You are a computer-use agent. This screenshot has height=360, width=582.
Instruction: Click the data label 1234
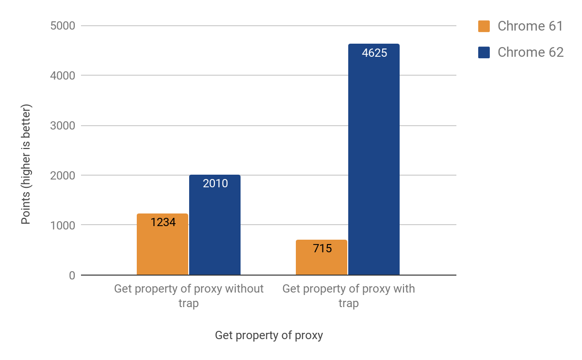pos(162,223)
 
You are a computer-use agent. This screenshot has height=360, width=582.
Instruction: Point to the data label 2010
pos(215,183)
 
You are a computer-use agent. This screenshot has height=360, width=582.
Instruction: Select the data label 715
pos(322,249)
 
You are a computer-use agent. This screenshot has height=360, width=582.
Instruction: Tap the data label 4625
pos(374,53)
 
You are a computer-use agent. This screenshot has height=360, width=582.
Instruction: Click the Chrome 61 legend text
pos(530,26)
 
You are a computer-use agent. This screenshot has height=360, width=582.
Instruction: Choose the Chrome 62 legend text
pos(531,52)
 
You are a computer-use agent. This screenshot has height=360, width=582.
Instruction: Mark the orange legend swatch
pos(484,26)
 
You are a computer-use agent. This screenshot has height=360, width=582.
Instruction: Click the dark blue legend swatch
pos(484,52)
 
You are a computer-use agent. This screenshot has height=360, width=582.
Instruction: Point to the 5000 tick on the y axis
pos(63,26)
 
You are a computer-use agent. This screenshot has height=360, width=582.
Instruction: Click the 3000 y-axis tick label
pos(63,126)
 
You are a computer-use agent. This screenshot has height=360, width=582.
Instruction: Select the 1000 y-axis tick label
pos(63,226)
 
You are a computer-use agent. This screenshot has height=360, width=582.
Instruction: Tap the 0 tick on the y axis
pos(72,276)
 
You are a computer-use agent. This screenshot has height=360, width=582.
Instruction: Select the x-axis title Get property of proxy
pos(269,335)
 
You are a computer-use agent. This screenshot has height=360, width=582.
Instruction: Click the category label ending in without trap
pos(189,296)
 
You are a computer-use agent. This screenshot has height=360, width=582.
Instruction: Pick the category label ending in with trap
pos(348,296)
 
